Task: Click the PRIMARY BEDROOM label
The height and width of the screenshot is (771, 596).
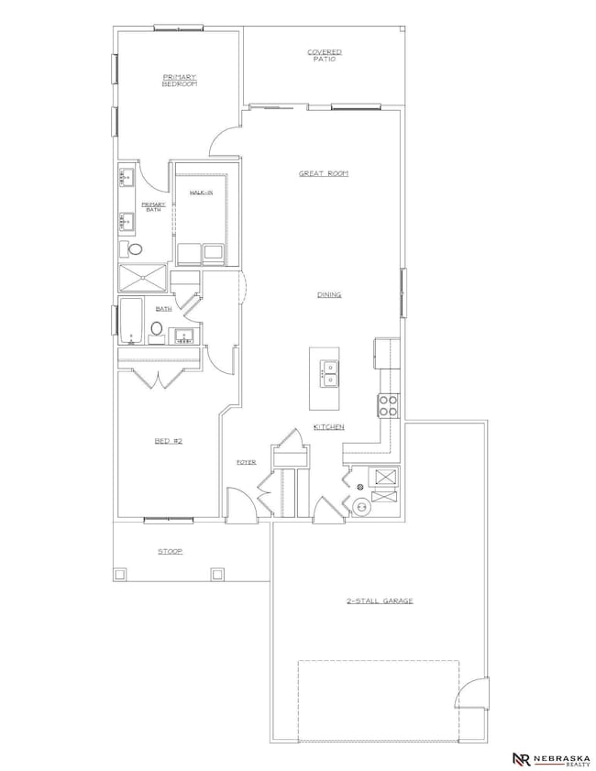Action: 180,81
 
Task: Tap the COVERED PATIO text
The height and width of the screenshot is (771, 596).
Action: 325,55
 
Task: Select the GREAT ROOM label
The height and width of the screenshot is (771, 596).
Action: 324,172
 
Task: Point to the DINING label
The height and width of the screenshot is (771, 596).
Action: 329,294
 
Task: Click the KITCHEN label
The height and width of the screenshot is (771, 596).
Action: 328,427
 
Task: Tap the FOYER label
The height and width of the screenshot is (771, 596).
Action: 246,462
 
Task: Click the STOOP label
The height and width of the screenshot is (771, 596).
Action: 170,551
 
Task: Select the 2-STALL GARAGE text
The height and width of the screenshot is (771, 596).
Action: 380,600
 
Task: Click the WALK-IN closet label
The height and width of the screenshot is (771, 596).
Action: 202,193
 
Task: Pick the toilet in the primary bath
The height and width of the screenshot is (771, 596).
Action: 136,248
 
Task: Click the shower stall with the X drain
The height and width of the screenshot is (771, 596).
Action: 144,279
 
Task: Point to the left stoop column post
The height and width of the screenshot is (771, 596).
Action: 119,574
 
